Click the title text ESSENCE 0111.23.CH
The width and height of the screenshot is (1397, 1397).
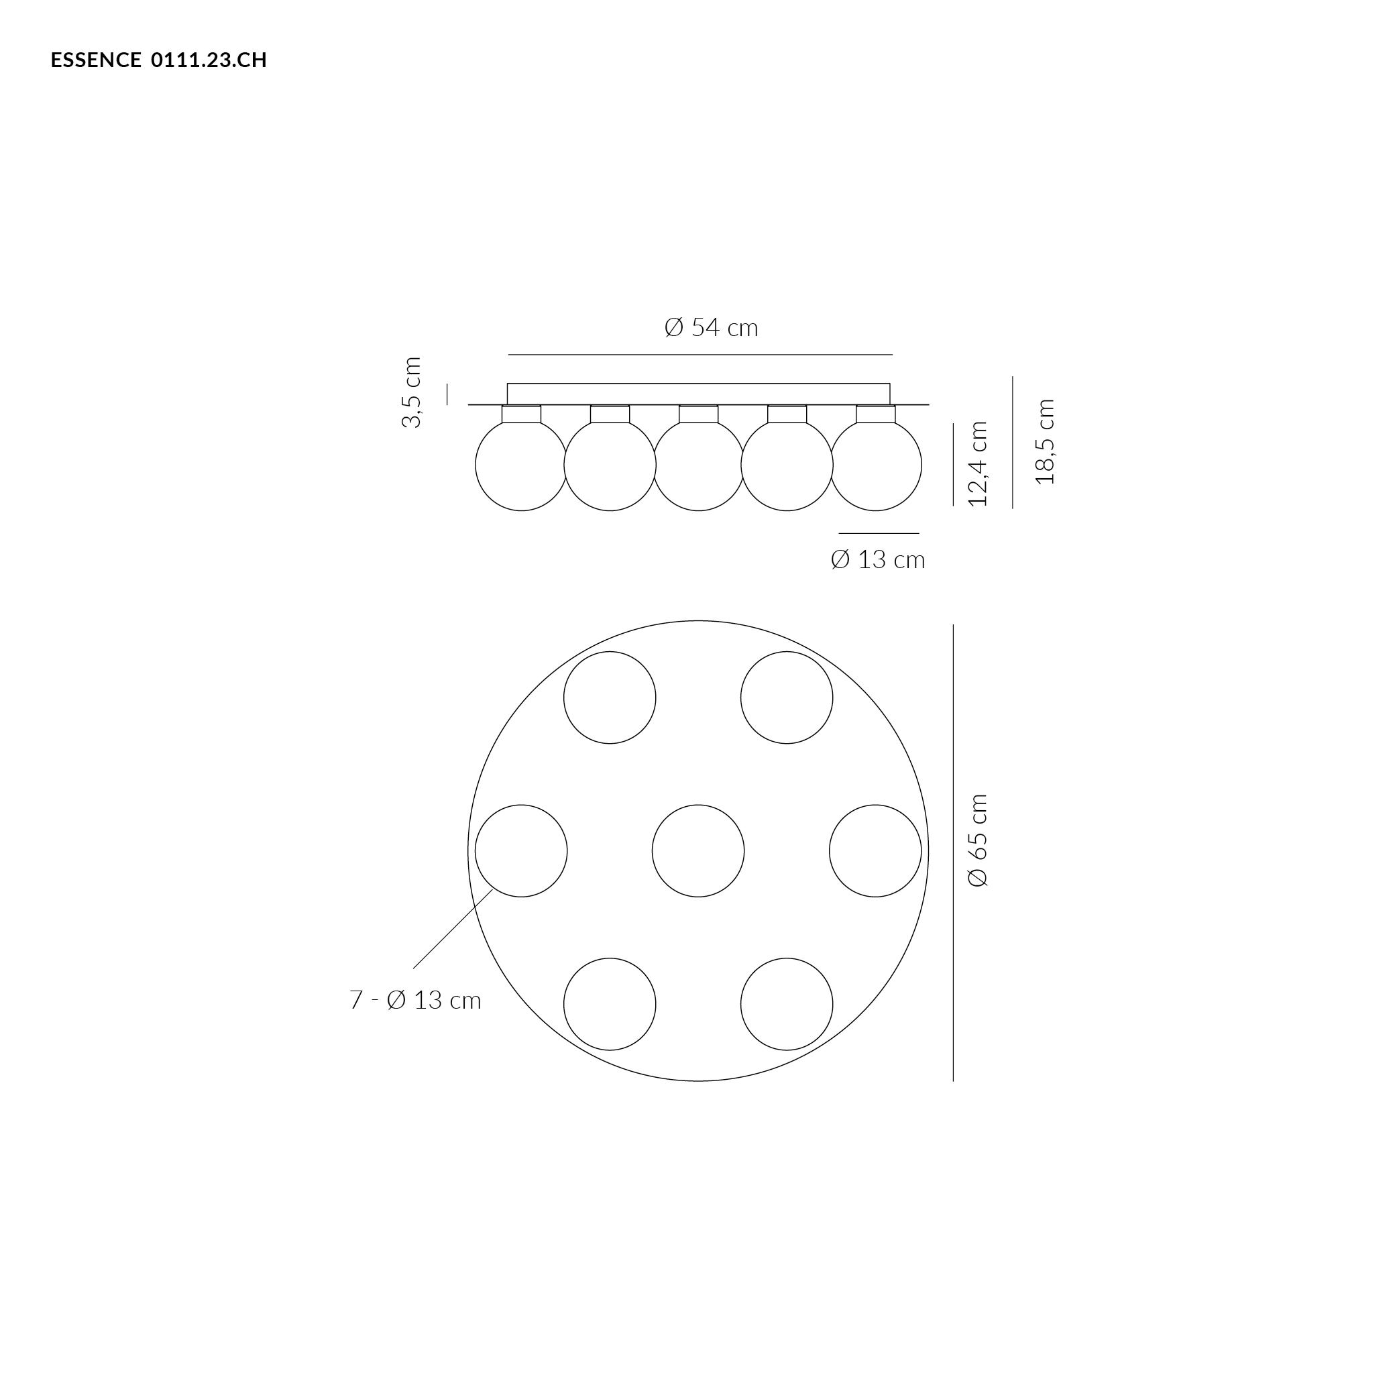(159, 60)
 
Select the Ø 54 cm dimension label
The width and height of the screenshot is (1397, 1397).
(712, 327)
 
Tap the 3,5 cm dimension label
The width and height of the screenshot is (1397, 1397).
(410, 392)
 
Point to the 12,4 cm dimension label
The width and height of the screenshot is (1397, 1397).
(978, 463)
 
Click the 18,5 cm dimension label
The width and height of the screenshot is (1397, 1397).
(1045, 441)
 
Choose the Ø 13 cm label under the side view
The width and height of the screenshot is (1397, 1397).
(878, 559)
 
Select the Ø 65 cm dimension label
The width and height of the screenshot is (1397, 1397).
(978, 840)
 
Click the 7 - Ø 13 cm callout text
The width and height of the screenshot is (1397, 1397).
(415, 1000)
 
